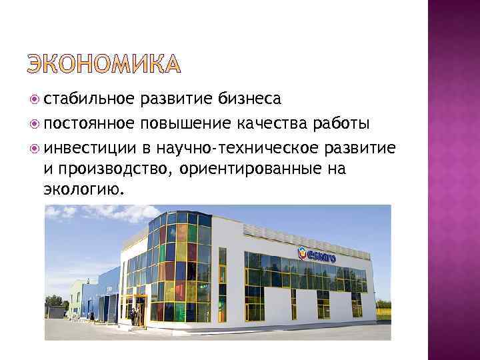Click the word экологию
tap(83, 190)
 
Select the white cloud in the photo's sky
tap(100, 217)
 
